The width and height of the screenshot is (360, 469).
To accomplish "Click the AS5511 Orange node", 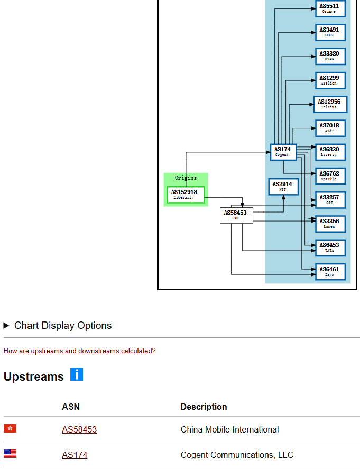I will point(330,8).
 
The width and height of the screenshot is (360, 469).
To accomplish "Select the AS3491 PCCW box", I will point(330,32).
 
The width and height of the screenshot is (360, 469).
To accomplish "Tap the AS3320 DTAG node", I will point(330,56).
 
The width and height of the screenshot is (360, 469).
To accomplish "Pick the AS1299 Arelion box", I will point(330,80).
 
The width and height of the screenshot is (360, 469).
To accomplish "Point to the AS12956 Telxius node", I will point(330,104).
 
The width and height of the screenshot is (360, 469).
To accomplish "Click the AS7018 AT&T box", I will point(330,128).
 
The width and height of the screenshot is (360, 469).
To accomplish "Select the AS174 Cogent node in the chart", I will point(283,152).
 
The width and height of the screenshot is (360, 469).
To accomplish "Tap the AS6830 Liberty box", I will point(330,152).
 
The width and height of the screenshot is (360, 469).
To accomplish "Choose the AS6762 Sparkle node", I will point(330,176).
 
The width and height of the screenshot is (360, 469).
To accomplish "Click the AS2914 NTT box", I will point(283,187).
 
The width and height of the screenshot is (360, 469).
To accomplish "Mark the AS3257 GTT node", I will point(330,200).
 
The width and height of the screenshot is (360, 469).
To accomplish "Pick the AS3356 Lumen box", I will point(330,224).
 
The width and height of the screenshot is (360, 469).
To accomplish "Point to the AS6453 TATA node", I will point(330,247).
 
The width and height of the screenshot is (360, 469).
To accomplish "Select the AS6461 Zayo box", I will point(330,272).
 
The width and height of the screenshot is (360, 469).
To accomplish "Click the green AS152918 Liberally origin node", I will point(185,195).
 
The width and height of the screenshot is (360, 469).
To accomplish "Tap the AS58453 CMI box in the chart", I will point(236,215).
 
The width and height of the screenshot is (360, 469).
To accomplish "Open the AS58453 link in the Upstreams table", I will point(79,429).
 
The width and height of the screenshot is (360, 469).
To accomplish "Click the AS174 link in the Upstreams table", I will point(75,455).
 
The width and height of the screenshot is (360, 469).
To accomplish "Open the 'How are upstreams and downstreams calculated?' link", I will point(79,351).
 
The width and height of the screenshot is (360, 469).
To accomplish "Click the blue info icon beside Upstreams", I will point(77,375).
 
